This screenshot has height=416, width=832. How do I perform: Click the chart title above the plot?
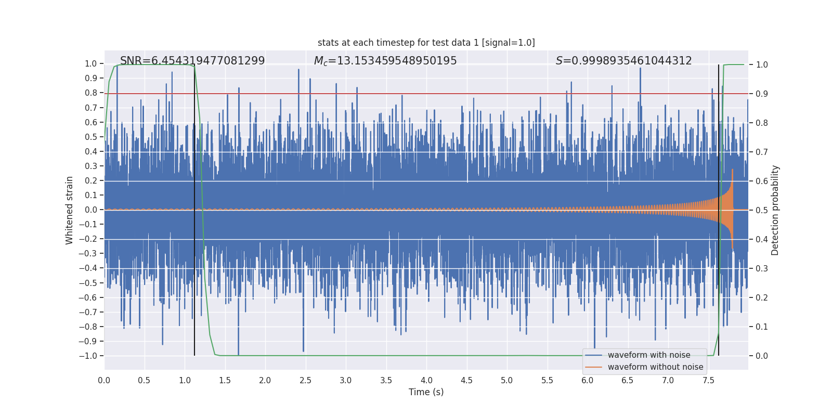[x=426, y=43]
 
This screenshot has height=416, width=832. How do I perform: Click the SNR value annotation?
[x=192, y=61]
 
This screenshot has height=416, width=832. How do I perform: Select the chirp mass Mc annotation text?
[x=385, y=61]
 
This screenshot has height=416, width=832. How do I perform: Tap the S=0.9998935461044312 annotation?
[x=623, y=61]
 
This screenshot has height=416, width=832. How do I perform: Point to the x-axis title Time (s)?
[x=426, y=392]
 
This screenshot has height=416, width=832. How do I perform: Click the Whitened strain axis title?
[x=70, y=210]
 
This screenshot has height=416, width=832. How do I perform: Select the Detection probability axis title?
[x=775, y=210]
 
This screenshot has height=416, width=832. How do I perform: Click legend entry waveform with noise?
[x=648, y=355]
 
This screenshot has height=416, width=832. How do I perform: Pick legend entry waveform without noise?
[x=655, y=367]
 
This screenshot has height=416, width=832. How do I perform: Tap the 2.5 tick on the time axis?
[x=305, y=381]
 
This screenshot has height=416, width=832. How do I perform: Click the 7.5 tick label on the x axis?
[x=708, y=381]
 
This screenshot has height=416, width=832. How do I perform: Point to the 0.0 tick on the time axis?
[x=104, y=381]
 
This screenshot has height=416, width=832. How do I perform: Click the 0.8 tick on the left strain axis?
[x=91, y=93]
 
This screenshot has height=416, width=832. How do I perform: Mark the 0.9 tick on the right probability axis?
[x=762, y=94]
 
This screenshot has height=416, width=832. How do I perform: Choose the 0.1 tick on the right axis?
[x=762, y=327]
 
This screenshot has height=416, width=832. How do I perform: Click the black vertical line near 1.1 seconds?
[x=194, y=234]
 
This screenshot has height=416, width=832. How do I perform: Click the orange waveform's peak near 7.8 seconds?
[x=732, y=171]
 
